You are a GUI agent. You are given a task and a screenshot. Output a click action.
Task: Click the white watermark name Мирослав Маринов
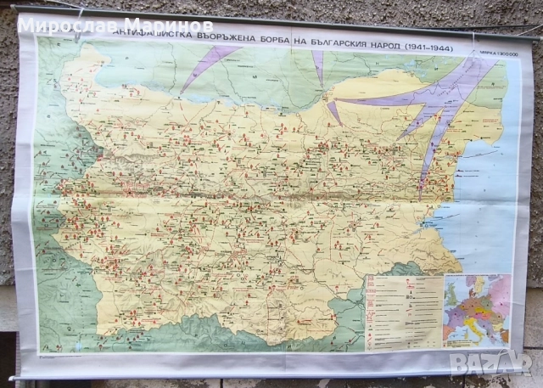(x=115, y=23)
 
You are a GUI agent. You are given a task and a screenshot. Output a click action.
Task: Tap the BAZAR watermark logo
(x=497, y=363)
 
